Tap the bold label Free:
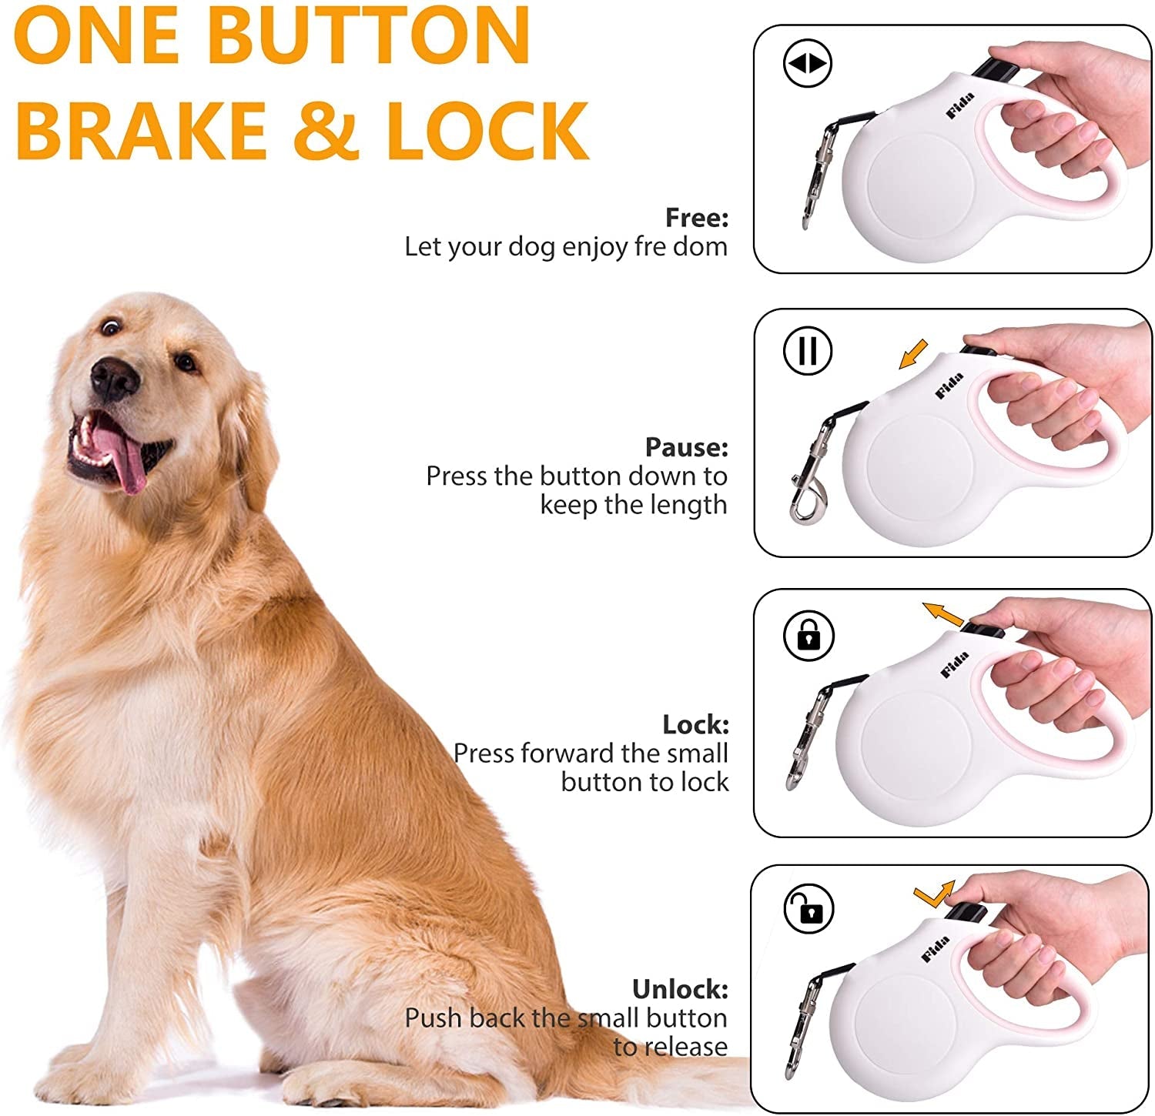coord(696,218)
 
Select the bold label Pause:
coord(686,447)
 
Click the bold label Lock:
coord(695,724)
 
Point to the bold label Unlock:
coord(679,989)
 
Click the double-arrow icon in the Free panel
coord(807,64)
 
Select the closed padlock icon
coord(808,636)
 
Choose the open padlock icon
coord(808,908)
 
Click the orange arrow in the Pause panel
coord(913,356)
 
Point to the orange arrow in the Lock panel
coord(942,614)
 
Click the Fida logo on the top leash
coord(960,105)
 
